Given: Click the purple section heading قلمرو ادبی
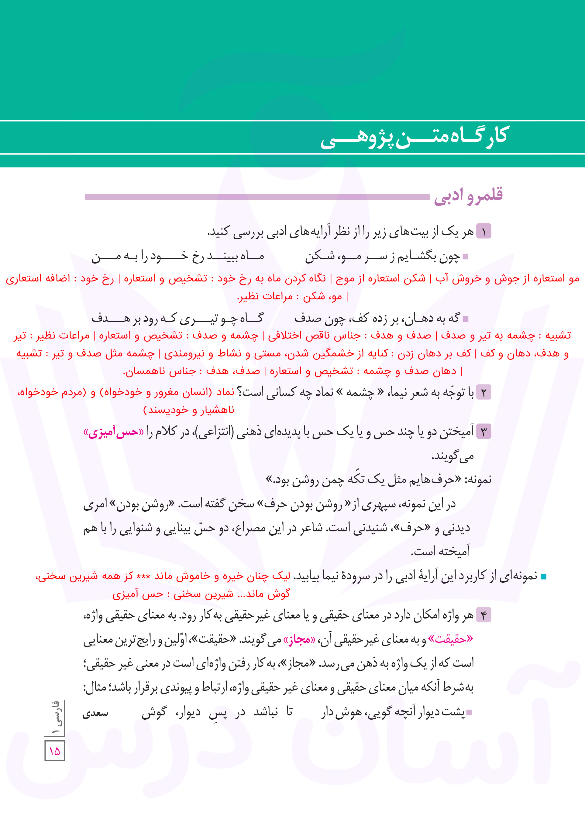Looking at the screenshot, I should tap(468, 196).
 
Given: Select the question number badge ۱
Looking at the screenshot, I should tap(483, 231).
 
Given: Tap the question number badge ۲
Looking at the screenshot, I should tap(483, 392).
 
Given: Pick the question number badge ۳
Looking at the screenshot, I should tap(483, 431).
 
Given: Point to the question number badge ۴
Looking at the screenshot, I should tap(483, 615).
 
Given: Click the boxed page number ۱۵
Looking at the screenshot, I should tap(55, 751).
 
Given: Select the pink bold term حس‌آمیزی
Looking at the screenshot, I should tap(113, 432).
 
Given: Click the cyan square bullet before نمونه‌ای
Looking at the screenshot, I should tap(544, 577).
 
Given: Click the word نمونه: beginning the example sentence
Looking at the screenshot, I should tap(478, 480).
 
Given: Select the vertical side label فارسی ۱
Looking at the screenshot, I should tap(57, 718).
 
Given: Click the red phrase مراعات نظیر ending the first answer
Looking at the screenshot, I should tap(265, 297).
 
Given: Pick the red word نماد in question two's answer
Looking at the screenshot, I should tap(225, 392).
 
